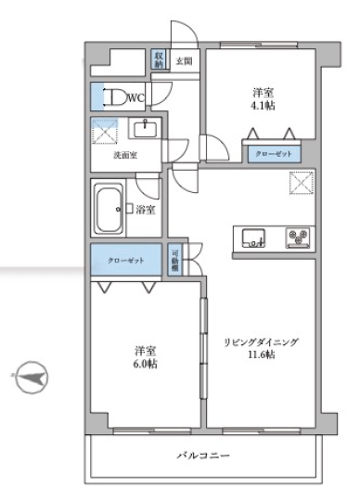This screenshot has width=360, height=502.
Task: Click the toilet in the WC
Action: click(114, 97)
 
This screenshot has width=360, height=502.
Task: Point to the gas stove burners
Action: click(299, 238)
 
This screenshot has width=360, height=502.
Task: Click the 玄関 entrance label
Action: click(185, 62)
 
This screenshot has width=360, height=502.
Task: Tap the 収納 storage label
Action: click(160, 59)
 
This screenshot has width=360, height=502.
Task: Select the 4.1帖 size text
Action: click(263, 106)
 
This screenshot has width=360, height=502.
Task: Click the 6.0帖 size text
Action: click(144, 363)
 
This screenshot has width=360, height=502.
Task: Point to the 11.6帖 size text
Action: click(261, 354)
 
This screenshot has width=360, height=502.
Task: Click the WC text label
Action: click(136, 97)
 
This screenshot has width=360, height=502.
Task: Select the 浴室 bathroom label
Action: click(145, 210)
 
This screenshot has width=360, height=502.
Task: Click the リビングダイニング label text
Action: click(261, 341)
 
